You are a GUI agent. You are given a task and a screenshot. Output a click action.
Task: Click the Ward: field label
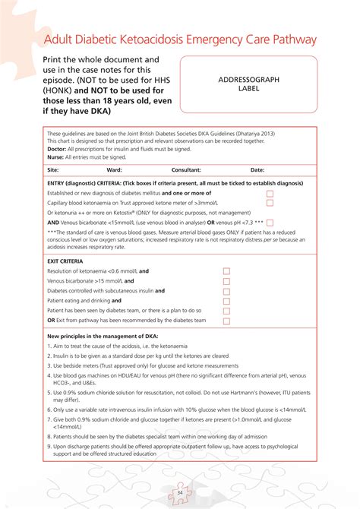coord(114,170)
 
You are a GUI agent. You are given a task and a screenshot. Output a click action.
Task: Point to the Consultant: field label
coord(186,170)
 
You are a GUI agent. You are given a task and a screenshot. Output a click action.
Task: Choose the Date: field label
coord(257,170)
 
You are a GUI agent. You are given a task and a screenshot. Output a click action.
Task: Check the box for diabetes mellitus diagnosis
coord(270,194)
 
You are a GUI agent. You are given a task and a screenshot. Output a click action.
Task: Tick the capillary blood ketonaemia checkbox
coord(270,204)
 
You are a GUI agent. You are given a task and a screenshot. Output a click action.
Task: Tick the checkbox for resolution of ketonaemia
coord(226,271)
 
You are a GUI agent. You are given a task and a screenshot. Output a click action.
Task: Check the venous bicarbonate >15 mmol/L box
coord(226,281)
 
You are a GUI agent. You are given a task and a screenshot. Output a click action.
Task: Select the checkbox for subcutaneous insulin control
coord(226,291)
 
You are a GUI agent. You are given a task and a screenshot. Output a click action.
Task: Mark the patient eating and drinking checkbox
coord(226,301)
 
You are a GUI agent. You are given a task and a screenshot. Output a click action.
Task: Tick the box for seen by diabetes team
coord(226,311)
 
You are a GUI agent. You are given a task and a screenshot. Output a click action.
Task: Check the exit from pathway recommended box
coord(226,321)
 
